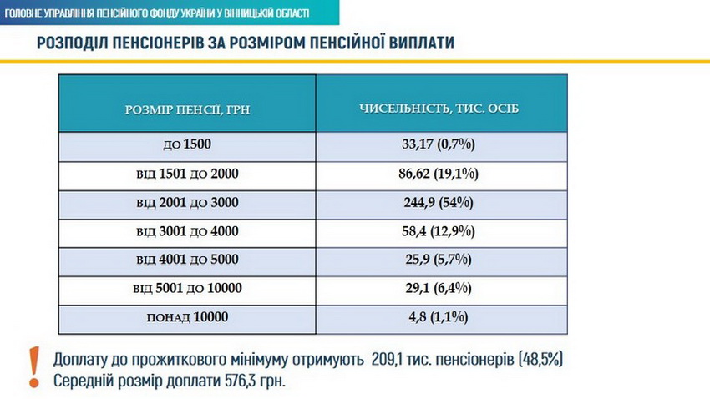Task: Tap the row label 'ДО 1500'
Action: (188, 145)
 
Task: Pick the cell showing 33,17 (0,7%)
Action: (439, 145)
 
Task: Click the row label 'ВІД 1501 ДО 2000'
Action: (188, 174)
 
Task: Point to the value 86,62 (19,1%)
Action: (439, 174)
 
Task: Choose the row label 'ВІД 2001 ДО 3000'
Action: (188, 203)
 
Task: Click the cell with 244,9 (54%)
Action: (439, 203)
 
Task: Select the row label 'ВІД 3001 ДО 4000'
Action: (188, 231)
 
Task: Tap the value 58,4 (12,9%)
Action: (439, 231)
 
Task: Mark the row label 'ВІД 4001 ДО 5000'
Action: (188, 260)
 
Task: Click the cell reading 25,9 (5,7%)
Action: (439, 260)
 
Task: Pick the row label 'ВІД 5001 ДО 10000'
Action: (188, 289)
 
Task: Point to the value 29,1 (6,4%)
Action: (439, 289)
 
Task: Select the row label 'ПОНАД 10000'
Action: (188, 317)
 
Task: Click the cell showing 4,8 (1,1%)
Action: (439, 317)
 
